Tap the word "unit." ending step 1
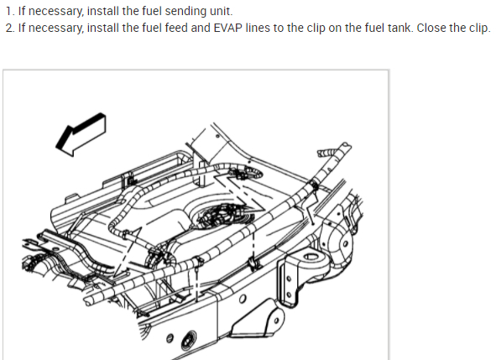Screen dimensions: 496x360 pyautogui.click(x=222, y=11)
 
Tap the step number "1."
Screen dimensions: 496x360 pyautogui.click(x=10, y=11)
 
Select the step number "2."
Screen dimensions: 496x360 pyautogui.click(x=10, y=28)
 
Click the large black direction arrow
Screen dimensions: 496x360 pyautogui.click(x=81, y=134)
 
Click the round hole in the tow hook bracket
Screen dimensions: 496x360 pyautogui.click(x=311, y=256)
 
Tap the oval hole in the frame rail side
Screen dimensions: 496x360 pyautogui.click(x=243, y=299)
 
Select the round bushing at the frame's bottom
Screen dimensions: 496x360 pyautogui.click(x=188, y=341)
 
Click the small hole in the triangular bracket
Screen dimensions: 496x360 pyautogui.click(x=276, y=321)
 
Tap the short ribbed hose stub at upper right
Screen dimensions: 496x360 pyautogui.click(x=326, y=153)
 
